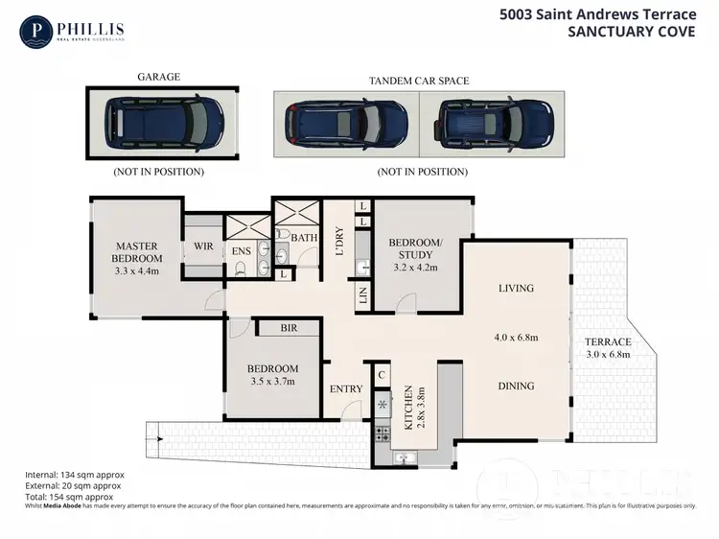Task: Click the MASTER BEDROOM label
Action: pos(135,251)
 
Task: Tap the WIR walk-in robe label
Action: pos(202,246)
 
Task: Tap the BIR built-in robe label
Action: pos(288,328)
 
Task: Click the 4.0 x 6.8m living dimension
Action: pos(516,338)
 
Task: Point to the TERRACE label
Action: pos(609,341)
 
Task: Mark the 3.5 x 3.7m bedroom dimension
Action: pos(272,382)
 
